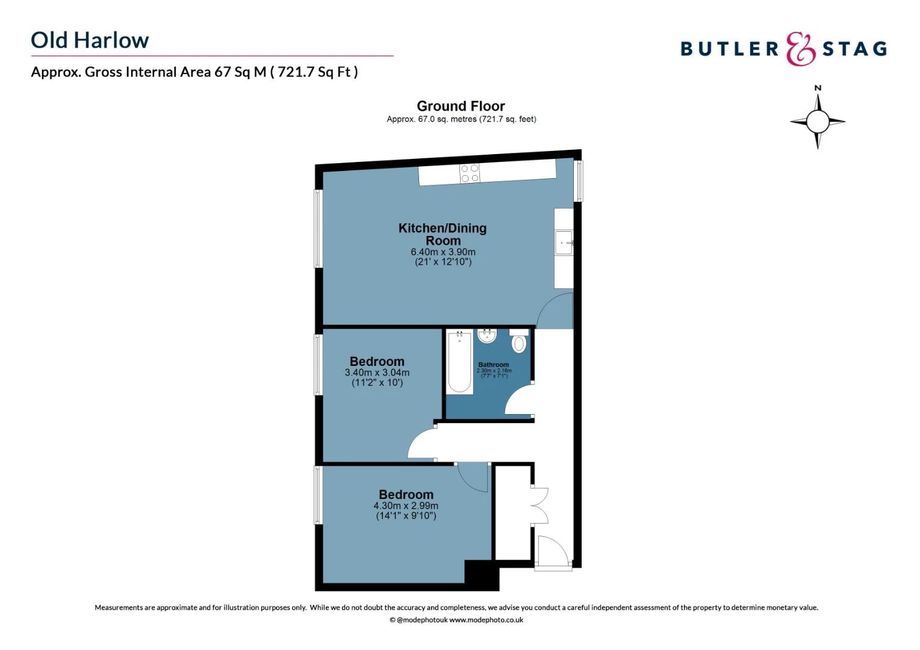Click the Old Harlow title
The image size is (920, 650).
coord(90,40)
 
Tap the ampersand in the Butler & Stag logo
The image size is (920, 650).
coord(800,49)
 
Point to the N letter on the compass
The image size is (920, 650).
coord(818,88)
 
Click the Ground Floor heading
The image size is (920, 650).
coord(461,106)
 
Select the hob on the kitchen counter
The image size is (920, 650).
coord(470,173)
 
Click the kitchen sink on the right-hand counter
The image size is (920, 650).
coord(564,243)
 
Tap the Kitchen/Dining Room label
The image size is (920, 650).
coord(443,234)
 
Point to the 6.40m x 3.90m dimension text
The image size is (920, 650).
coord(443,252)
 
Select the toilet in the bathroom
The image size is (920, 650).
coord(518,343)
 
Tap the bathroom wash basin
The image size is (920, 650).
coord(486,336)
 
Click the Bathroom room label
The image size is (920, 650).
coord(493,365)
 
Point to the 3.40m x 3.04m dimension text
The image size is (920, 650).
coord(377,373)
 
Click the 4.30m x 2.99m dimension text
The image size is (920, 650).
coord(406,506)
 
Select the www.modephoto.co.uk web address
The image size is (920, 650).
coord(486,620)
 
